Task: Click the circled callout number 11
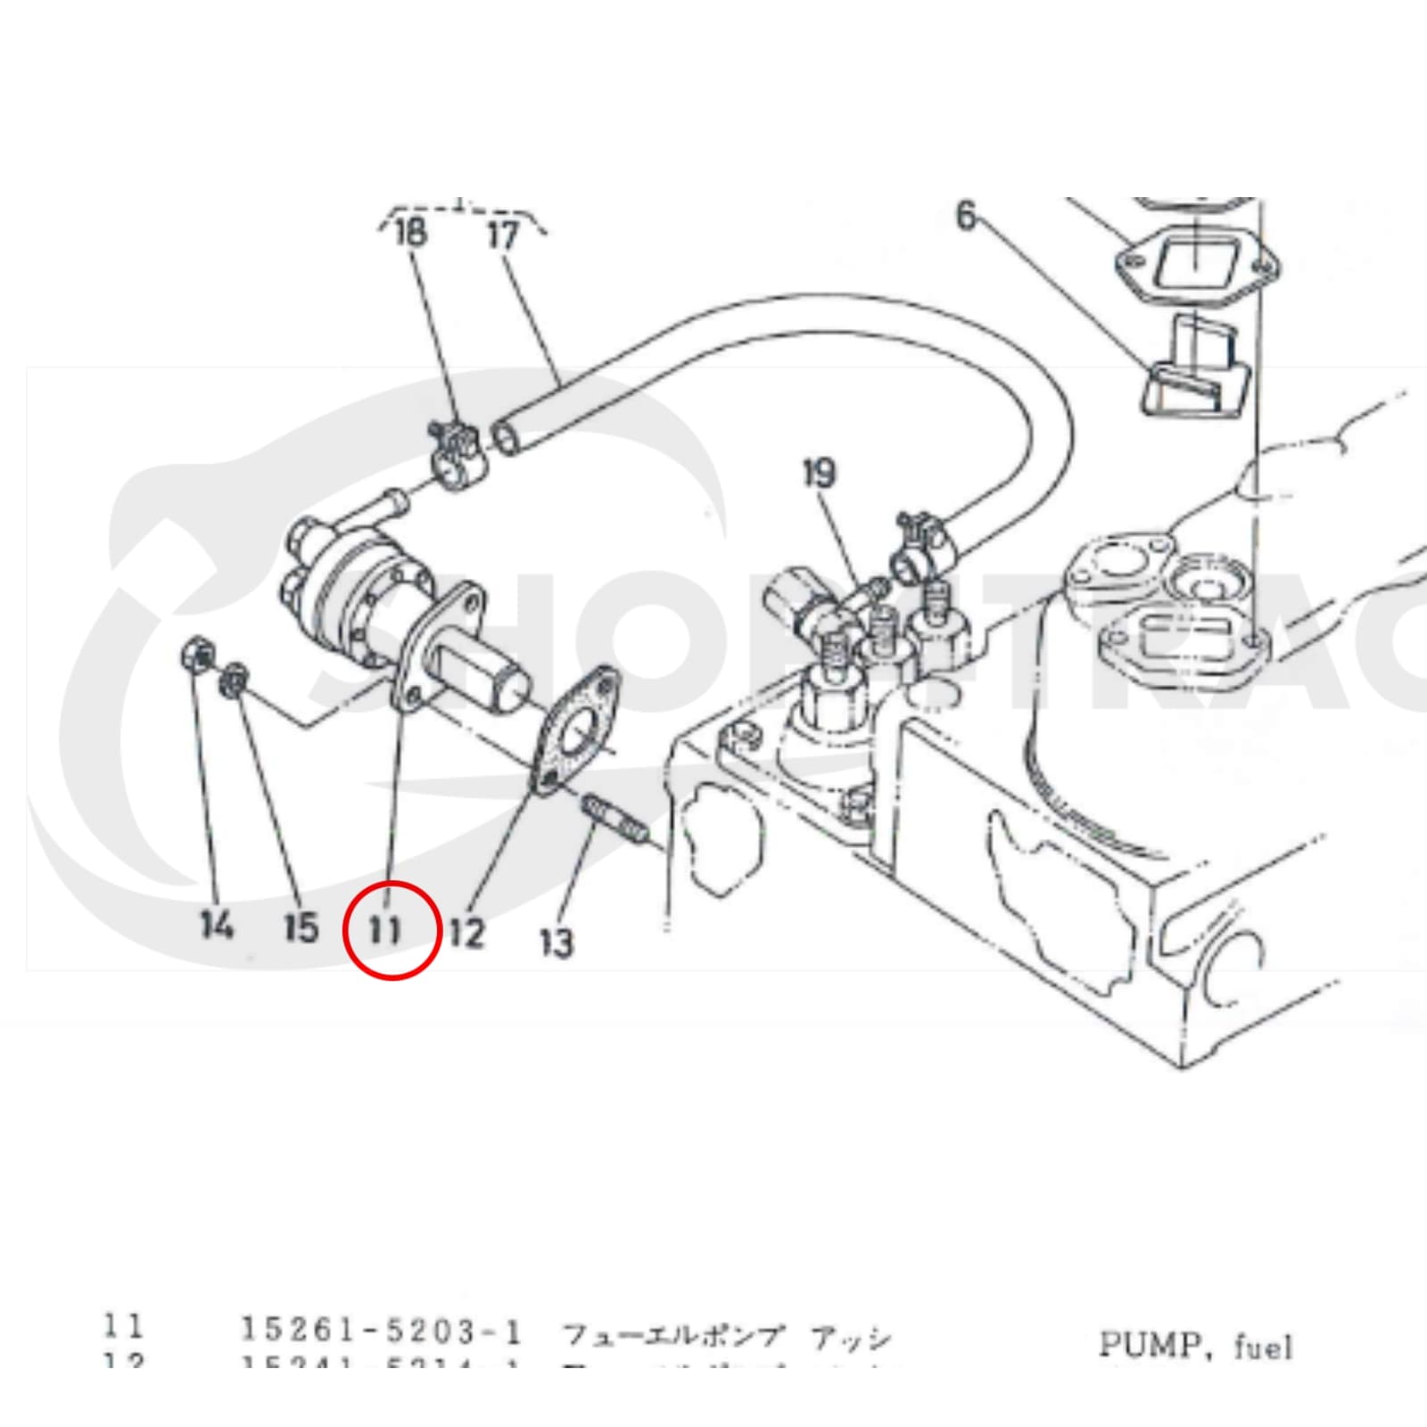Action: click(385, 930)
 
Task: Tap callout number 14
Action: click(217, 925)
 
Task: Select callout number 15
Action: click(301, 927)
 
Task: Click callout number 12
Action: click(466, 933)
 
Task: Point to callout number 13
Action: click(557, 942)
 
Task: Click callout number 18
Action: click(410, 234)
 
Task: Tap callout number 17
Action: click(503, 235)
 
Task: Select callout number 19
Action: click(820, 474)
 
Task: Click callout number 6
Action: click(966, 216)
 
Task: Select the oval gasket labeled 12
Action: click(577, 730)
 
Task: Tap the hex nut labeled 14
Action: click(197, 658)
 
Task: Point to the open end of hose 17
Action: click(507, 438)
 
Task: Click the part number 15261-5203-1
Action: click(381, 1331)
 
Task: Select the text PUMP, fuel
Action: click(1194, 1345)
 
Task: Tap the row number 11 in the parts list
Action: click(122, 1326)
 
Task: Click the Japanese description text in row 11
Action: click(725, 1337)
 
